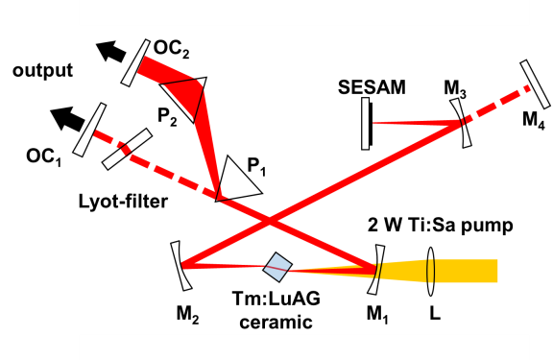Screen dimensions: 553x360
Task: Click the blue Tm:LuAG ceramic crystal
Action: tap(277, 267)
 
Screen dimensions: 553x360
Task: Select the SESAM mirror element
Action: tap(367, 124)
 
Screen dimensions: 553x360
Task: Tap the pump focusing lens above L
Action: tap(430, 271)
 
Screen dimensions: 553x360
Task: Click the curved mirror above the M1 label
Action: tap(376, 270)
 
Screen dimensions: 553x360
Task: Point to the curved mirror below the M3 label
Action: tap(461, 123)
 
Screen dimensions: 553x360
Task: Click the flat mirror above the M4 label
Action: tap(535, 84)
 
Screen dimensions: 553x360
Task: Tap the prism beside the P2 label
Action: tap(184, 98)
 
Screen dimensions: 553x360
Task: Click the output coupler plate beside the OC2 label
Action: tap(135, 62)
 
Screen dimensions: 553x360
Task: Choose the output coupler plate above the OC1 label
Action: tap(89, 130)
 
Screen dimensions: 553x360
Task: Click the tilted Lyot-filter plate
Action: tap(128, 149)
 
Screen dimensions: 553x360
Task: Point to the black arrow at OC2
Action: tap(110, 52)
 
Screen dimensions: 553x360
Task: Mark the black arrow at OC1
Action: tap(67, 118)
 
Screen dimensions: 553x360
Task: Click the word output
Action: tap(42, 70)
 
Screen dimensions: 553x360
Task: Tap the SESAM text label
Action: tap(372, 87)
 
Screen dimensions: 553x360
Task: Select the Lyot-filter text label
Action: tap(123, 202)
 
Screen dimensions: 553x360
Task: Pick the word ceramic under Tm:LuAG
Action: tap(276, 322)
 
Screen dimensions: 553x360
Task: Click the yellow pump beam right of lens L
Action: tap(466, 271)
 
